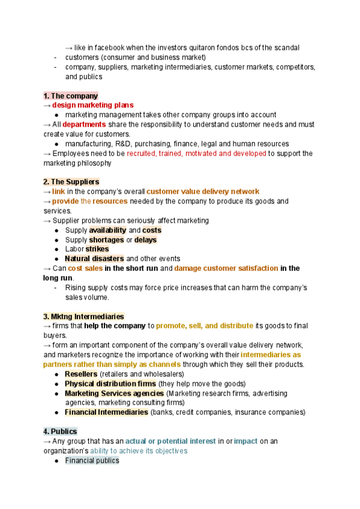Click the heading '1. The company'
[70, 96]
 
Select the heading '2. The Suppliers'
[71, 182]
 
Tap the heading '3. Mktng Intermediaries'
[83, 316]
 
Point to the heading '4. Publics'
[60, 432]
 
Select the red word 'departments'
[84, 124]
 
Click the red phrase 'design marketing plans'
[92, 106]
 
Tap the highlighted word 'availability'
[107, 230]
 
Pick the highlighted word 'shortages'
[106, 239]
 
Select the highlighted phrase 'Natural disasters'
[94, 259]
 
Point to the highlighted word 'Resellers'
[80, 374]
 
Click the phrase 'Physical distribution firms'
[110, 384]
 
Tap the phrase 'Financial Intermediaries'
[106, 412]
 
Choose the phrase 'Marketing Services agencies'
[114, 393]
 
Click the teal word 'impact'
[245, 441]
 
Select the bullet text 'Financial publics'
[92, 460]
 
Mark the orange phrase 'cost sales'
[85, 268]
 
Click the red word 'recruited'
[141, 153]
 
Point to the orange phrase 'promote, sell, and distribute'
[204, 326]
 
